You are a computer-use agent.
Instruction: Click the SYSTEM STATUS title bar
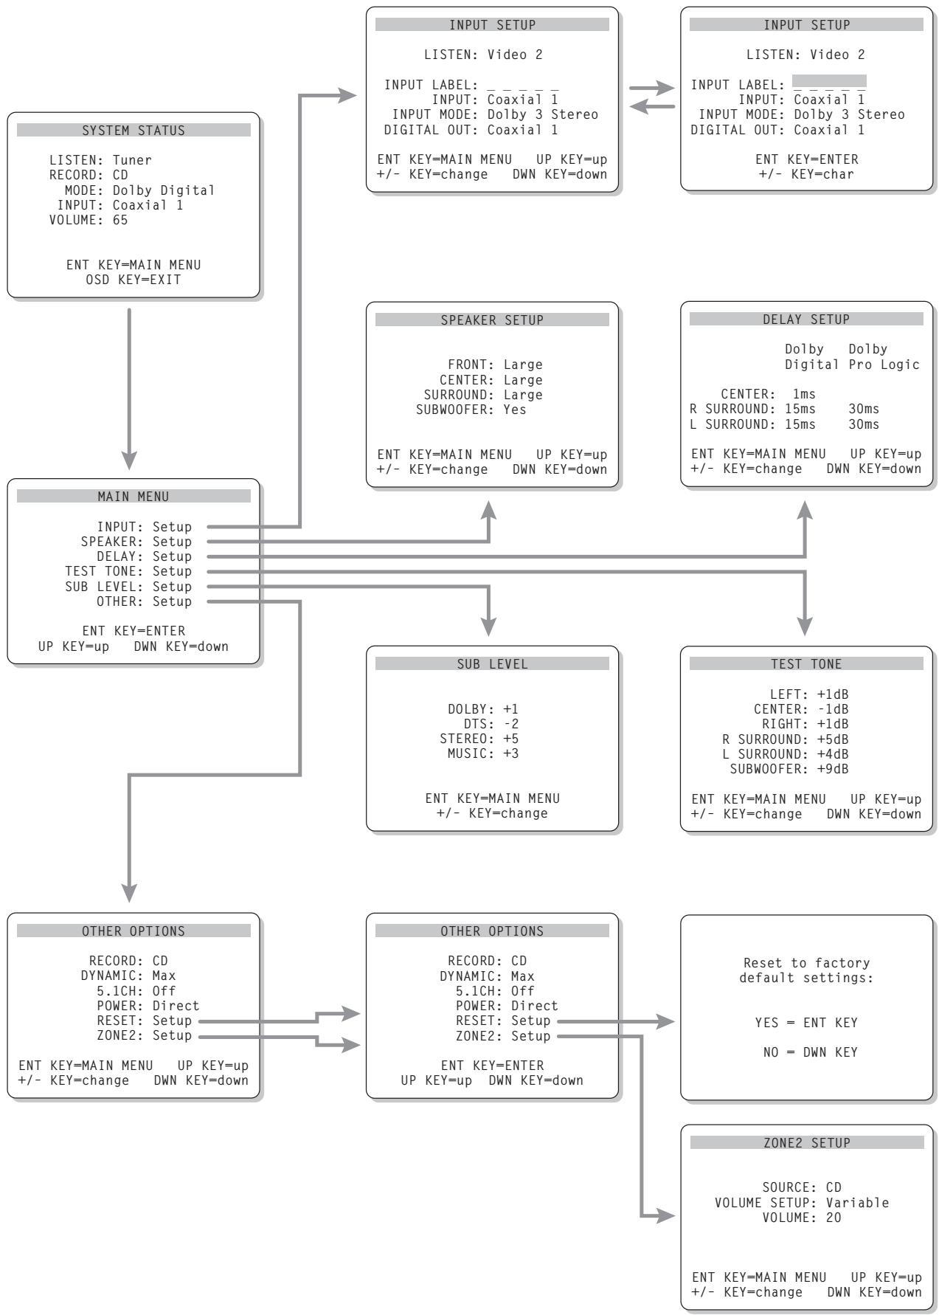pos(134,130)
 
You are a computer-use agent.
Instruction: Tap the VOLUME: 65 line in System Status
pos(89,220)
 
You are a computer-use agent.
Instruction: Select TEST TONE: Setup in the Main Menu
pos(128,571)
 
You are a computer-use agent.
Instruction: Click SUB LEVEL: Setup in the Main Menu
pos(128,587)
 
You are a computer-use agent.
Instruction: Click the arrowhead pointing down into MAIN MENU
pos(129,460)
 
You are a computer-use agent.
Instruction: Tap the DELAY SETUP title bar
pos(806,319)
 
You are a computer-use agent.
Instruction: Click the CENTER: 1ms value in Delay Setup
pos(768,394)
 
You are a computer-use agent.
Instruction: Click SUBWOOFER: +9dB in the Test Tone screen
pos(789,769)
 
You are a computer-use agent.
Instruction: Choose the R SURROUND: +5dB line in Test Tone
pos(785,739)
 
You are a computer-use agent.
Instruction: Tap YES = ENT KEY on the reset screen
pos(806,1022)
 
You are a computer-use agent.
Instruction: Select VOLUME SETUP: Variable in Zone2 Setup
pos(802,1202)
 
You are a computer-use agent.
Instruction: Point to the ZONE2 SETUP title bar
pos(806,1142)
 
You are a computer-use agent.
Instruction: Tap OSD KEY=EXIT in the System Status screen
pos(134,280)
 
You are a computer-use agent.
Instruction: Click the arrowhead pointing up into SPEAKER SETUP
pos(488,510)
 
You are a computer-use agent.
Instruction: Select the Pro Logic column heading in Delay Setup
pos(884,365)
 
